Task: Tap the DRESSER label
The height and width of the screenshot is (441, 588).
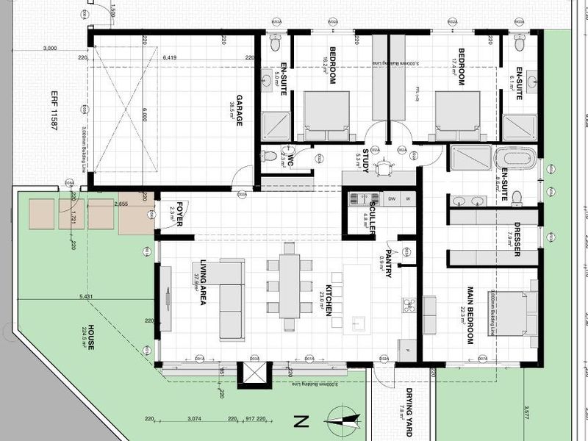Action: pos(517,239)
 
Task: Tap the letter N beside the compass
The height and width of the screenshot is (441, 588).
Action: pos(299,421)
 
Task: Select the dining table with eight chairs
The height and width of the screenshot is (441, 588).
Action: pos(290,286)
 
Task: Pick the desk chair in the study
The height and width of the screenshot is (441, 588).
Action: pos(384,168)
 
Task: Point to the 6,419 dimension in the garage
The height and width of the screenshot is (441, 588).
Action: pos(170,57)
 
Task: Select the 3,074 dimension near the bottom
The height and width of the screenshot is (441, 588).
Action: pos(195,419)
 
